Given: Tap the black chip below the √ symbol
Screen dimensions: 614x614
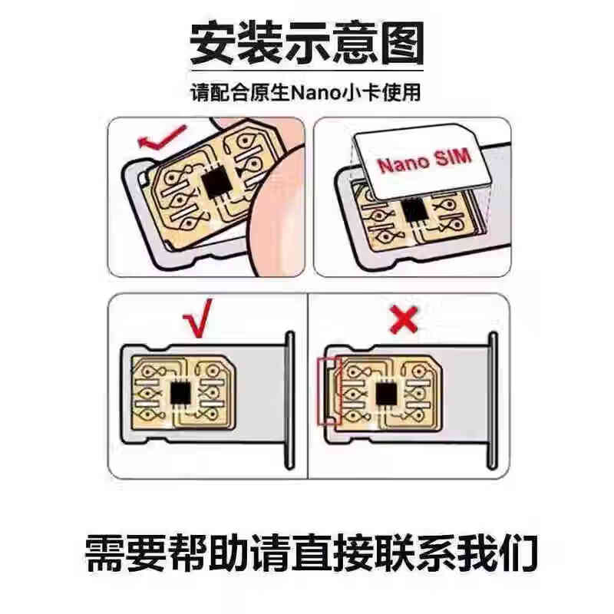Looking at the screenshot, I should [180, 393].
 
